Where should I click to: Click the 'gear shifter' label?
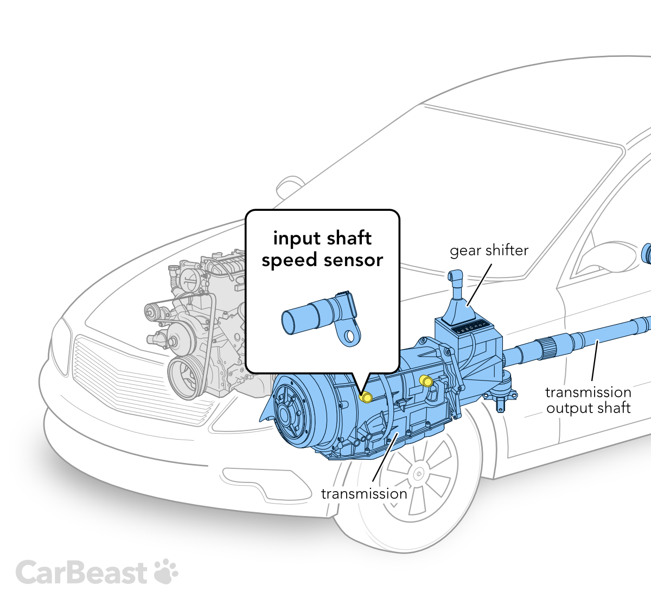click(489, 250)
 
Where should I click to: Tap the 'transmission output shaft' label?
click(588, 400)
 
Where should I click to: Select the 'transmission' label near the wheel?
click(363, 494)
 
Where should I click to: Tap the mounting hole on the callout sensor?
click(350, 336)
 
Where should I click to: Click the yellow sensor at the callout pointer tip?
click(366, 397)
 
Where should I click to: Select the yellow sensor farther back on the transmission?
click(426, 381)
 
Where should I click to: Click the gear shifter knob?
click(455, 278)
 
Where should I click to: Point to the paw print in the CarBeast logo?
click(166, 571)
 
